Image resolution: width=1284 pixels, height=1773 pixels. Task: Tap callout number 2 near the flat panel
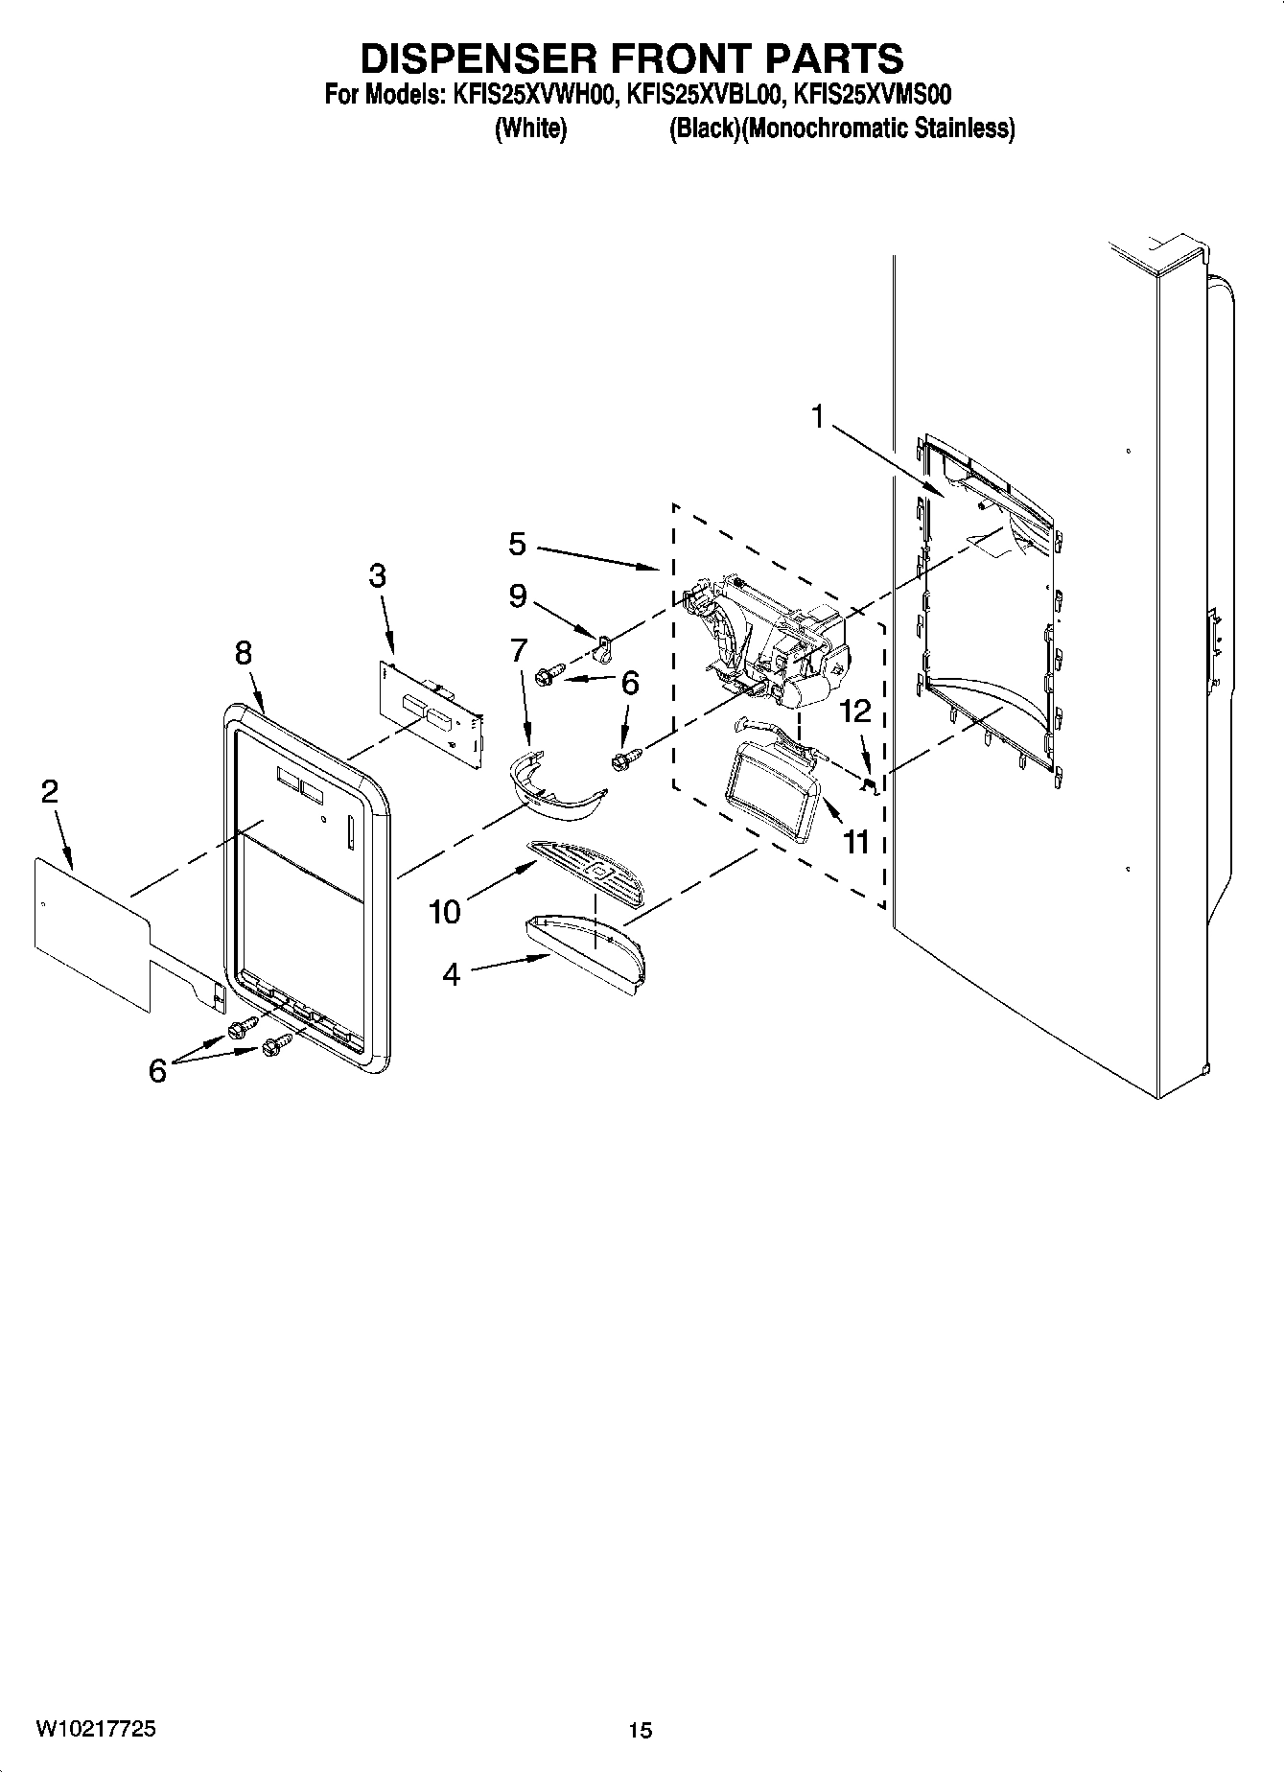(x=50, y=791)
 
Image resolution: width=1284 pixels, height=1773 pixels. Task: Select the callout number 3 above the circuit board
(x=378, y=575)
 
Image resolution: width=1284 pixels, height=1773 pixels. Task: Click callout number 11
(x=855, y=841)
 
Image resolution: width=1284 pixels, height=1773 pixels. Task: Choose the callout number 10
(x=445, y=911)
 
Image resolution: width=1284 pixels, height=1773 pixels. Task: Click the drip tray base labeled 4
(x=587, y=955)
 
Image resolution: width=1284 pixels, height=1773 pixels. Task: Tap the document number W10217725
(x=96, y=1729)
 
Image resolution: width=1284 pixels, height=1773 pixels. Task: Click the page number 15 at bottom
(x=640, y=1730)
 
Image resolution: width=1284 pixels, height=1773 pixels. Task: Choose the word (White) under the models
(x=530, y=128)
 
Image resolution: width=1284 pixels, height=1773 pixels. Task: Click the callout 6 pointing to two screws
(x=157, y=1069)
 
